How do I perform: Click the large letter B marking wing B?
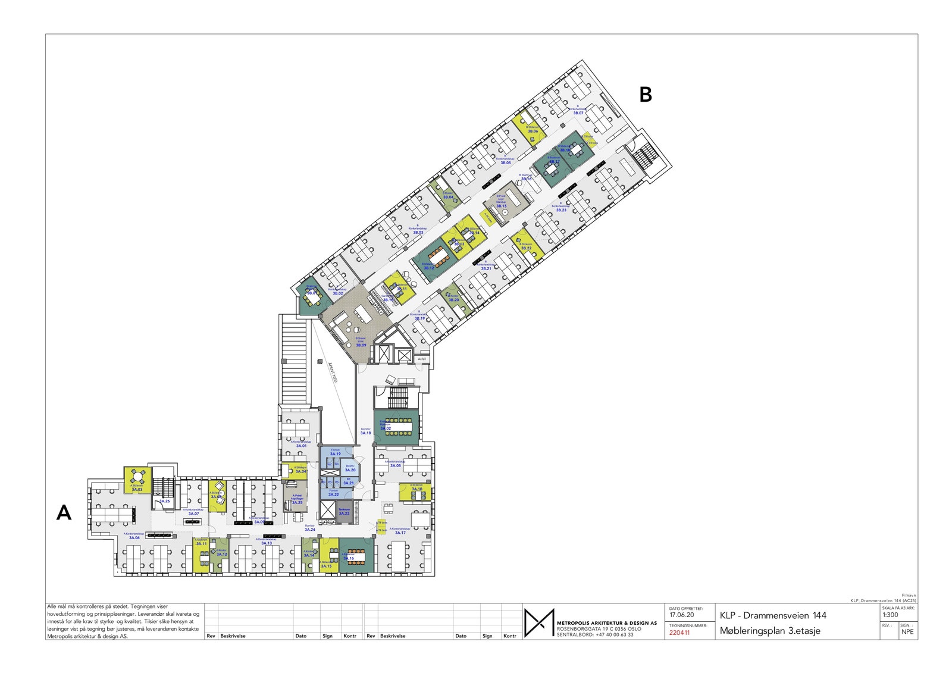click(646, 95)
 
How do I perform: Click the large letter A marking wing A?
click(64, 512)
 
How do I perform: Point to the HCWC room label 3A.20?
click(350, 470)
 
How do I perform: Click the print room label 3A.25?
click(297, 503)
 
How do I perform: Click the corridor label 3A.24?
click(309, 530)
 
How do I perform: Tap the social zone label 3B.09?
click(361, 345)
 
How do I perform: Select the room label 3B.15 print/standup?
click(501, 206)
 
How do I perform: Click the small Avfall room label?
click(422, 359)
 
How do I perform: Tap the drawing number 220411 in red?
click(679, 633)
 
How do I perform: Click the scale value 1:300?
click(890, 615)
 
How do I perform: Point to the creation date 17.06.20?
click(681, 615)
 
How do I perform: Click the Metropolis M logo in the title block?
click(538, 623)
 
